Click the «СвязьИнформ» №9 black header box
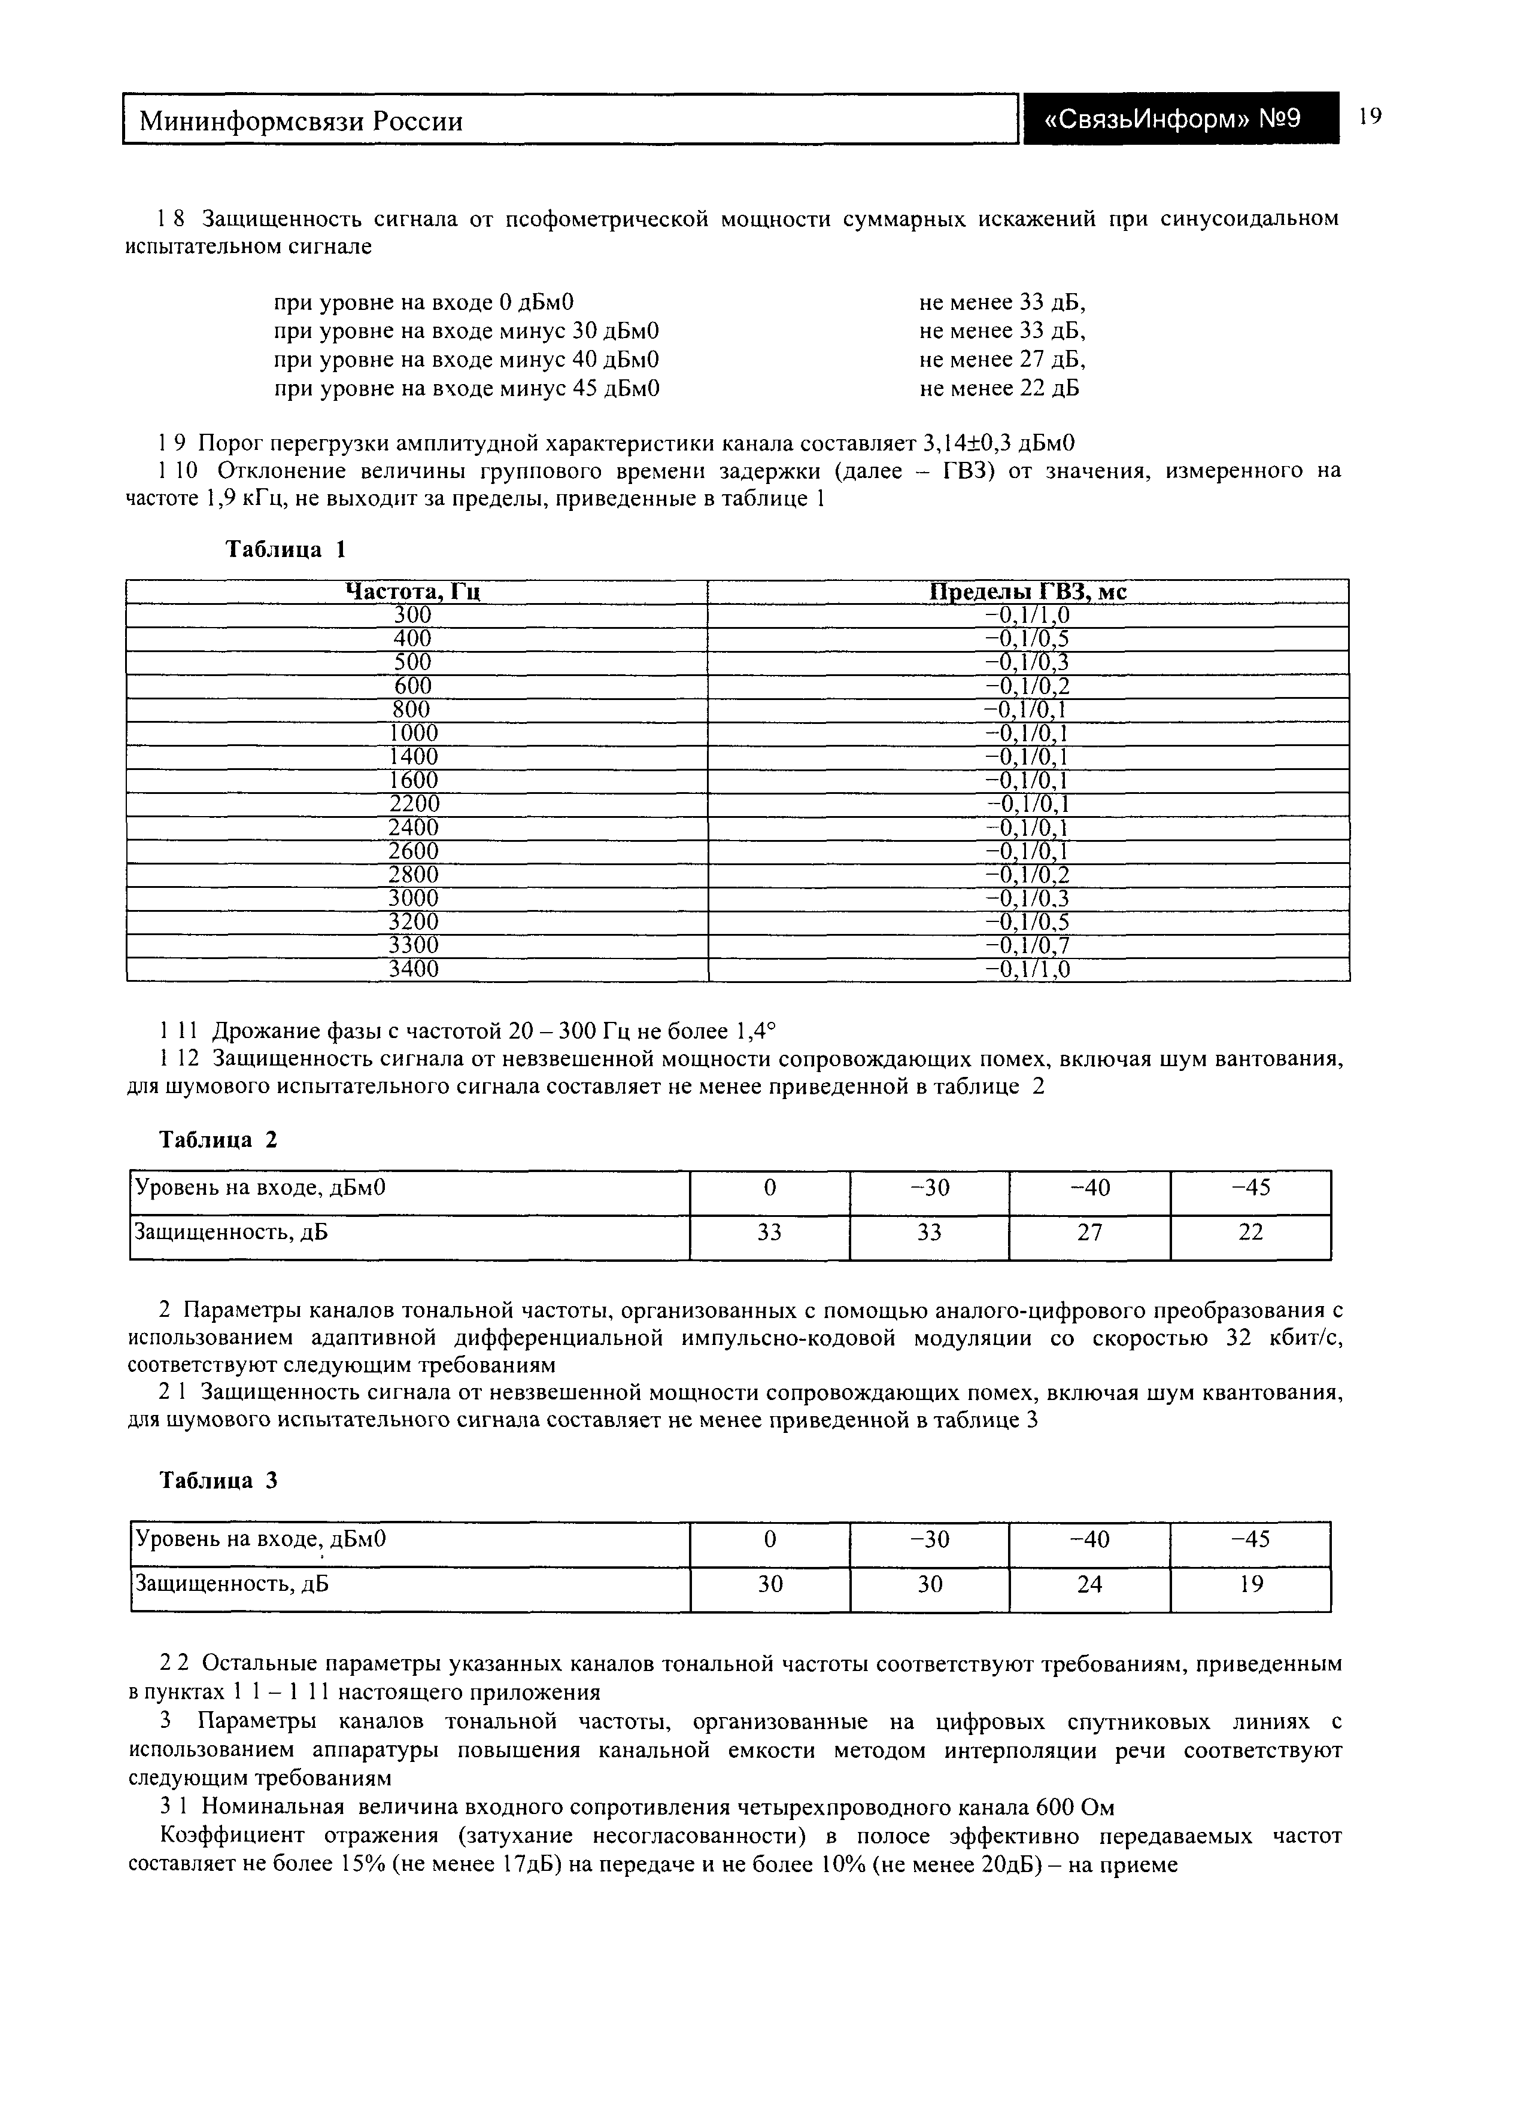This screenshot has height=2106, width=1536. click(1181, 119)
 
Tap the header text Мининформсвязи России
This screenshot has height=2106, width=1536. click(301, 121)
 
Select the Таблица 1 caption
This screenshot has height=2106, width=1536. click(286, 549)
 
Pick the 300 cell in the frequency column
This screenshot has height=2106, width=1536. click(413, 615)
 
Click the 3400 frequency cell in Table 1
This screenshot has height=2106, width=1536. click(413, 969)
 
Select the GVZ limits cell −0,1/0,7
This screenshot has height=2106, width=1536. click(1027, 946)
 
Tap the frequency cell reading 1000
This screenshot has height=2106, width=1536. click(413, 734)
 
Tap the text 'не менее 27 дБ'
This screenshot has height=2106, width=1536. click(1002, 360)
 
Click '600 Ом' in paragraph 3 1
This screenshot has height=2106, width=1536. click(1075, 1807)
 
